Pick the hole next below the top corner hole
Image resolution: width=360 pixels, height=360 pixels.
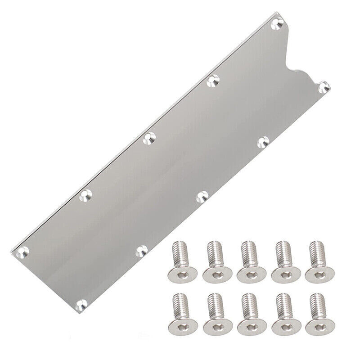[x=213, y=82]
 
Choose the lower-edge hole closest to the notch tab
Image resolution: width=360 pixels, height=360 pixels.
[x=263, y=142]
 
